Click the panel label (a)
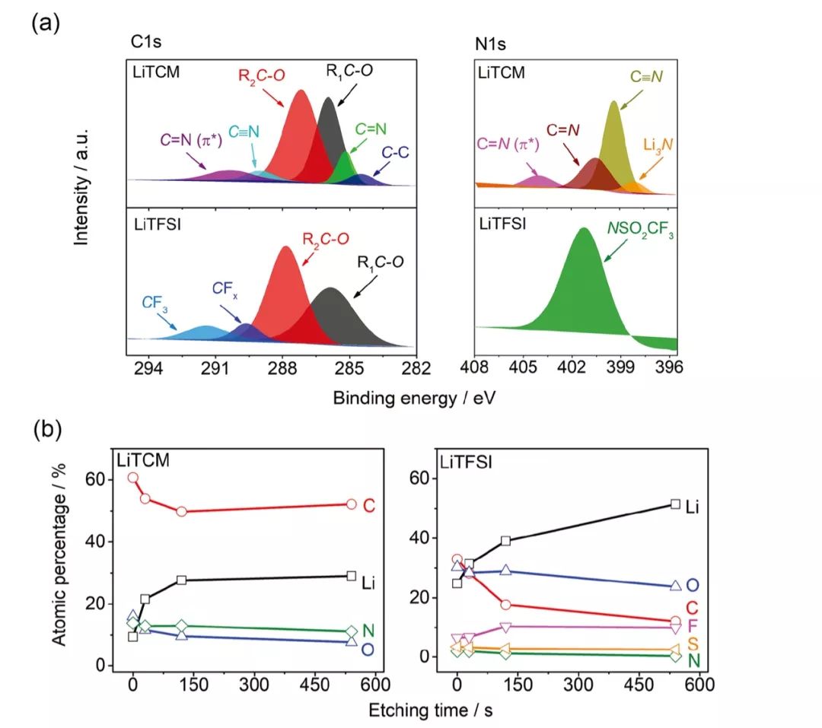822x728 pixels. pyautogui.click(x=44, y=22)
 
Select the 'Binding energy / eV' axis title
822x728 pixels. pyautogui.click(x=419, y=397)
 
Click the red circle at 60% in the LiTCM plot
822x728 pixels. pyautogui.click(x=133, y=478)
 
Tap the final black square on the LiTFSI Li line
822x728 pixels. pyautogui.click(x=675, y=504)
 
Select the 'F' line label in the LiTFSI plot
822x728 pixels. pyautogui.click(x=693, y=626)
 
